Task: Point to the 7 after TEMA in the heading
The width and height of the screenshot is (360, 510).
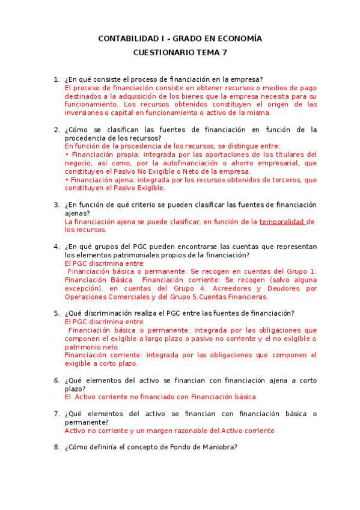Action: (x=225, y=52)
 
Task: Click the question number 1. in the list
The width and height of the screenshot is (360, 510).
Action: (x=56, y=79)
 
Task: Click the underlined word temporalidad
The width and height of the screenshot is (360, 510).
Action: (x=282, y=221)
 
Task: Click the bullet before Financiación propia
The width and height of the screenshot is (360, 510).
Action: (x=66, y=155)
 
